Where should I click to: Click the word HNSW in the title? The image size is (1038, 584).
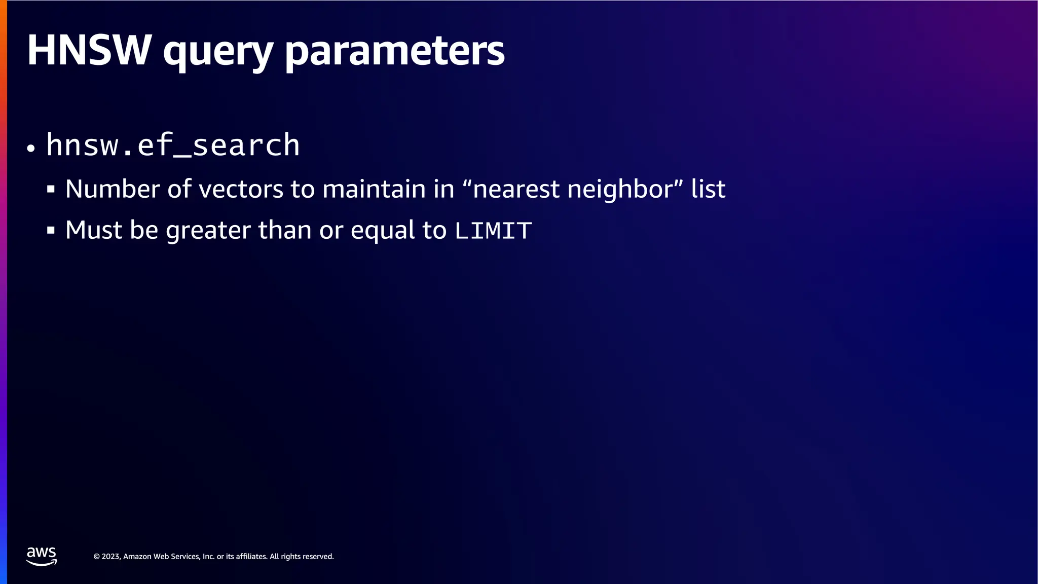point(89,50)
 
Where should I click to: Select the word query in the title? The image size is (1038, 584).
point(218,52)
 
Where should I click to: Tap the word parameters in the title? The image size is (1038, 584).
point(395,52)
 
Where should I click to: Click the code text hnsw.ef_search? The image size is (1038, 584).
point(173,145)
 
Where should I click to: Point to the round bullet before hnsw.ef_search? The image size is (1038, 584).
point(31,149)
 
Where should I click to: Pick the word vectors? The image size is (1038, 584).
point(241,189)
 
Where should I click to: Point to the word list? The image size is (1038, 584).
point(708,189)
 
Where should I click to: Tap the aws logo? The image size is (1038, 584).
point(42,556)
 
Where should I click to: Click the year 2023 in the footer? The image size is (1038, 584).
point(110,557)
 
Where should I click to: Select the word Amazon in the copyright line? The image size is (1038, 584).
point(137,557)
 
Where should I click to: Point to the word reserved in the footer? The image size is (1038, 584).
point(317,557)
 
